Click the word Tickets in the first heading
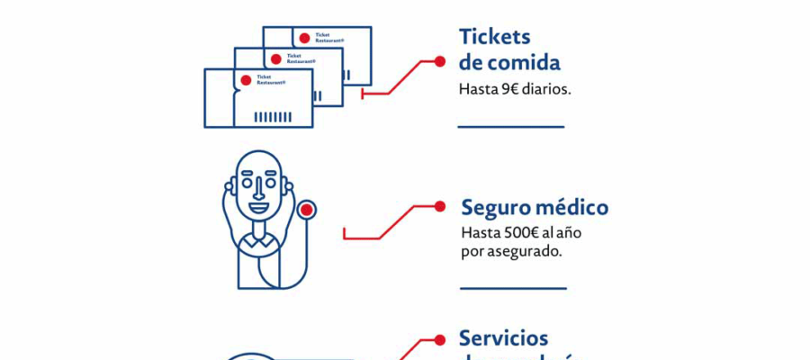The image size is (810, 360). (495, 37)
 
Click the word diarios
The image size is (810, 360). (543, 90)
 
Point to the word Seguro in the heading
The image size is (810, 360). (493, 208)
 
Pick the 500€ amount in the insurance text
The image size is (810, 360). (515, 233)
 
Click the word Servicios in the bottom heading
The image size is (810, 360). (503, 338)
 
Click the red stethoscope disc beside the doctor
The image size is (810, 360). (308, 210)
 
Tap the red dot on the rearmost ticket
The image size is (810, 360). (304, 38)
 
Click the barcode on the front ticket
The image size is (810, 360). (272, 117)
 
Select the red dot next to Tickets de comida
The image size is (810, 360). (439, 61)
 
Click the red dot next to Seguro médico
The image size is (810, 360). (439, 206)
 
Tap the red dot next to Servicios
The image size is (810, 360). (439, 339)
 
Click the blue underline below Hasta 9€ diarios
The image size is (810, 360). (510, 127)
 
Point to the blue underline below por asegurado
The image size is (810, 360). (513, 289)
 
